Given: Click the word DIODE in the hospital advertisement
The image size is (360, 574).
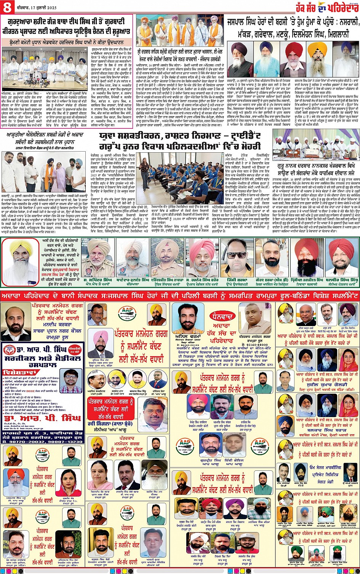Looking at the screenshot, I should tap(31, 390).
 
